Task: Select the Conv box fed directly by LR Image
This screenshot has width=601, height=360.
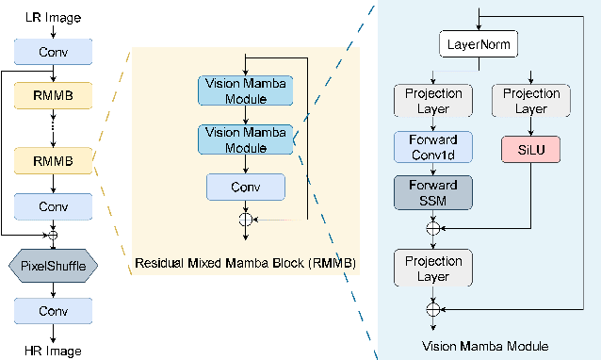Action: (x=53, y=52)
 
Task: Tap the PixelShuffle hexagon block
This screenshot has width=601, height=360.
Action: (x=53, y=266)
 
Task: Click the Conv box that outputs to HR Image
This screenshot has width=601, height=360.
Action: (x=53, y=309)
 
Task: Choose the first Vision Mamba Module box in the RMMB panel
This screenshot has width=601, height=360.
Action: (x=246, y=90)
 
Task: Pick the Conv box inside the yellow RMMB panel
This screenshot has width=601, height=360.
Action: (x=246, y=186)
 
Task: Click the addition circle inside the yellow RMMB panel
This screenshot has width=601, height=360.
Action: (x=246, y=219)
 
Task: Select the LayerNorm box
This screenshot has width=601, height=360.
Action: (x=479, y=43)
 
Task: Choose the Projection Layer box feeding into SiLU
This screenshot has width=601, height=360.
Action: (x=531, y=101)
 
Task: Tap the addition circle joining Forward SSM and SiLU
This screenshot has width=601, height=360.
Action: (x=433, y=227)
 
